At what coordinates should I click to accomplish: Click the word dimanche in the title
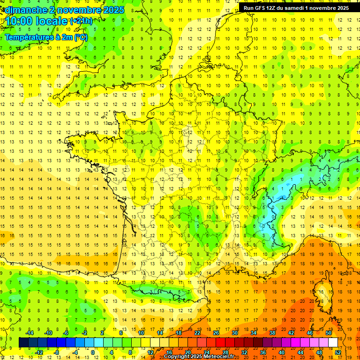click(x=22, y=10)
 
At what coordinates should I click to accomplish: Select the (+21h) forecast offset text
click(x=81, y=21)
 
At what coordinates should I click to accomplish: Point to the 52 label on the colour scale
click(x=337, y=352)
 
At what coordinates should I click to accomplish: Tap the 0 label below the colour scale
click(x=93, y=352)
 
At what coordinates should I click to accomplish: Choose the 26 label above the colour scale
click(x=216, y=332)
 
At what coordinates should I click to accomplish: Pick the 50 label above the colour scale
click(x=328, y=332)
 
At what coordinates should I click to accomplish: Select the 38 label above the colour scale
click(x=272, y=332)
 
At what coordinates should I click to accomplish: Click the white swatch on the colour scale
click(x=333, y=343)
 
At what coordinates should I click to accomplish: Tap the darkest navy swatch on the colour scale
click(x=23, y=343)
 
